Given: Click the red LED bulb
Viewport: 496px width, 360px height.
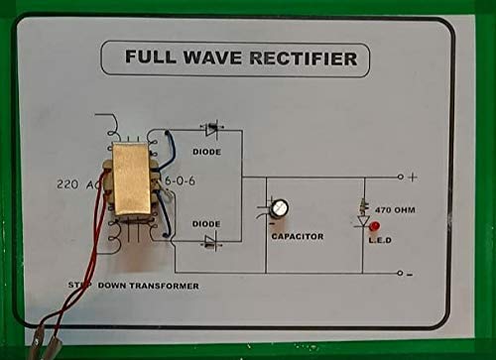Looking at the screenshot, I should coord(374,227).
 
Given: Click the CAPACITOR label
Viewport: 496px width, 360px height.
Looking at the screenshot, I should coord(298,237).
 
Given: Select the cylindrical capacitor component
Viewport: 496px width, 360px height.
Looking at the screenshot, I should coord(281,209).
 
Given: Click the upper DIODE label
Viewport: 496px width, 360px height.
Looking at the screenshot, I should coord(206,152).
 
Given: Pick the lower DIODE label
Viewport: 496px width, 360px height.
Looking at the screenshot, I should coord(206,224).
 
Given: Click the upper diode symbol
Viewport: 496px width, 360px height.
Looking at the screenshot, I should coord(211,129).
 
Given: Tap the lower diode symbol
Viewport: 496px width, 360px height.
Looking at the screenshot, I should coord(211,242).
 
